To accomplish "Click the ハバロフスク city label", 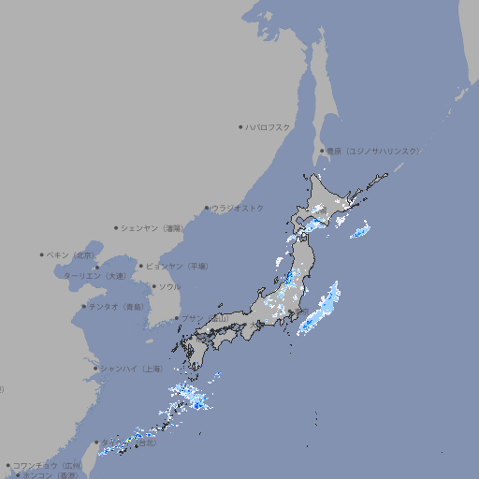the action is [x=269, y=126].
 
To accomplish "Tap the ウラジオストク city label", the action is [x=238, y=208].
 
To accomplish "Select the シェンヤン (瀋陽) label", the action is [x=152, y=227].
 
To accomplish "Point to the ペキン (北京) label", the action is [x=71, y=254].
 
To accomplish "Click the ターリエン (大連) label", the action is [x=94, y=276].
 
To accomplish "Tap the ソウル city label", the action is [x=169, y=286].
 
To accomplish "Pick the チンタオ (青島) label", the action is [x=116, y=307].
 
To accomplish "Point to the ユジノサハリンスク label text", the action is [x=373, y=151].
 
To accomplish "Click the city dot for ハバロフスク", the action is [x=240, y=126].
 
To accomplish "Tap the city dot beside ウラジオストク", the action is [x=207, y=208].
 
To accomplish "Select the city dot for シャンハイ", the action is [x=95, y=369].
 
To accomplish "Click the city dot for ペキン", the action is [x=42, y=254].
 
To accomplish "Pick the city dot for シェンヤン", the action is [x=117, y=227].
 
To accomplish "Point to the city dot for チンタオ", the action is [x=83, y=307].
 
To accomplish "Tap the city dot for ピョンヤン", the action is [x=141, y=266].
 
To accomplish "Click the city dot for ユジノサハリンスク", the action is [x=322, y=151].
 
